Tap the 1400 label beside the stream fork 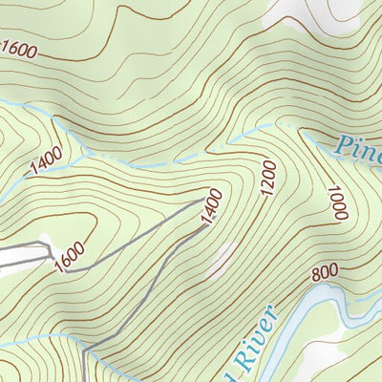tap(45, 160)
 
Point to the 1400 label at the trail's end tap(211, 208)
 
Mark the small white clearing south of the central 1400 tap(223, 256)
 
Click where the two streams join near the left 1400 tap(88, 152)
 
